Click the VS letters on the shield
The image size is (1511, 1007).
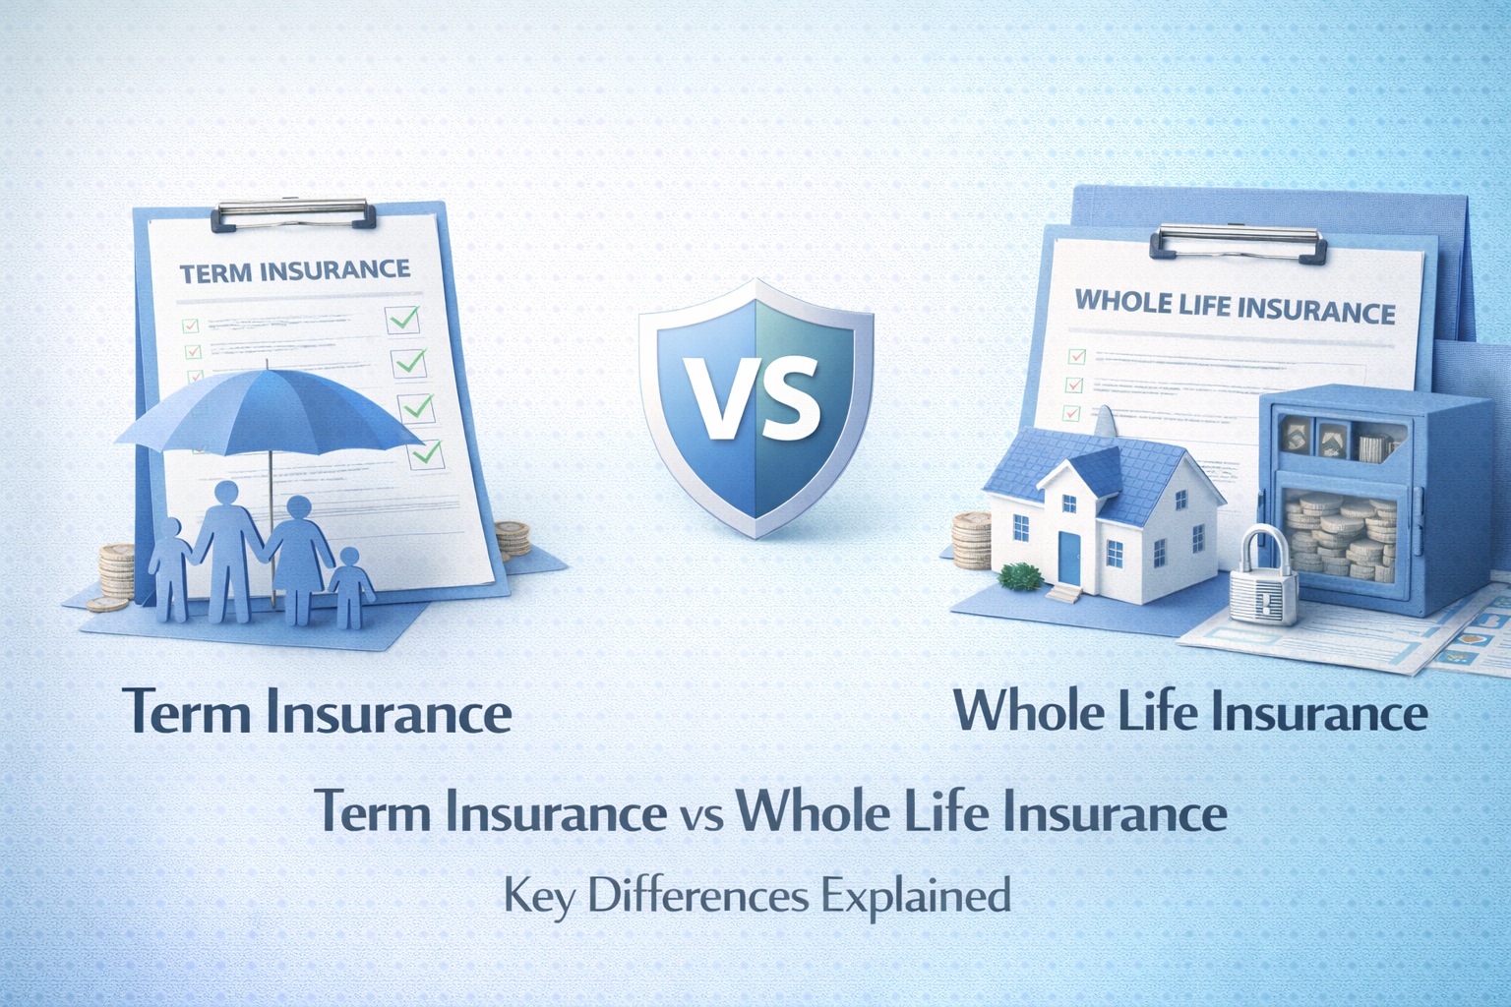pos(755,398)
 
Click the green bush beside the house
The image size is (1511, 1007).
pos(1021,575)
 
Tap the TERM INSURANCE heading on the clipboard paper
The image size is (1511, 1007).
pos(295,271)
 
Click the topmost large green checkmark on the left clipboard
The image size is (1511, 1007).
pos(403,319)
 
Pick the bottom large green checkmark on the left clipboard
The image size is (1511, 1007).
pos(426,453)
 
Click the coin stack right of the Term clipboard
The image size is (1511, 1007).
pos(512,541)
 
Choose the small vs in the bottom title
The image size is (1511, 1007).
pos(701,816)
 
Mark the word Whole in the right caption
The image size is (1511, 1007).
pos(1029,711)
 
